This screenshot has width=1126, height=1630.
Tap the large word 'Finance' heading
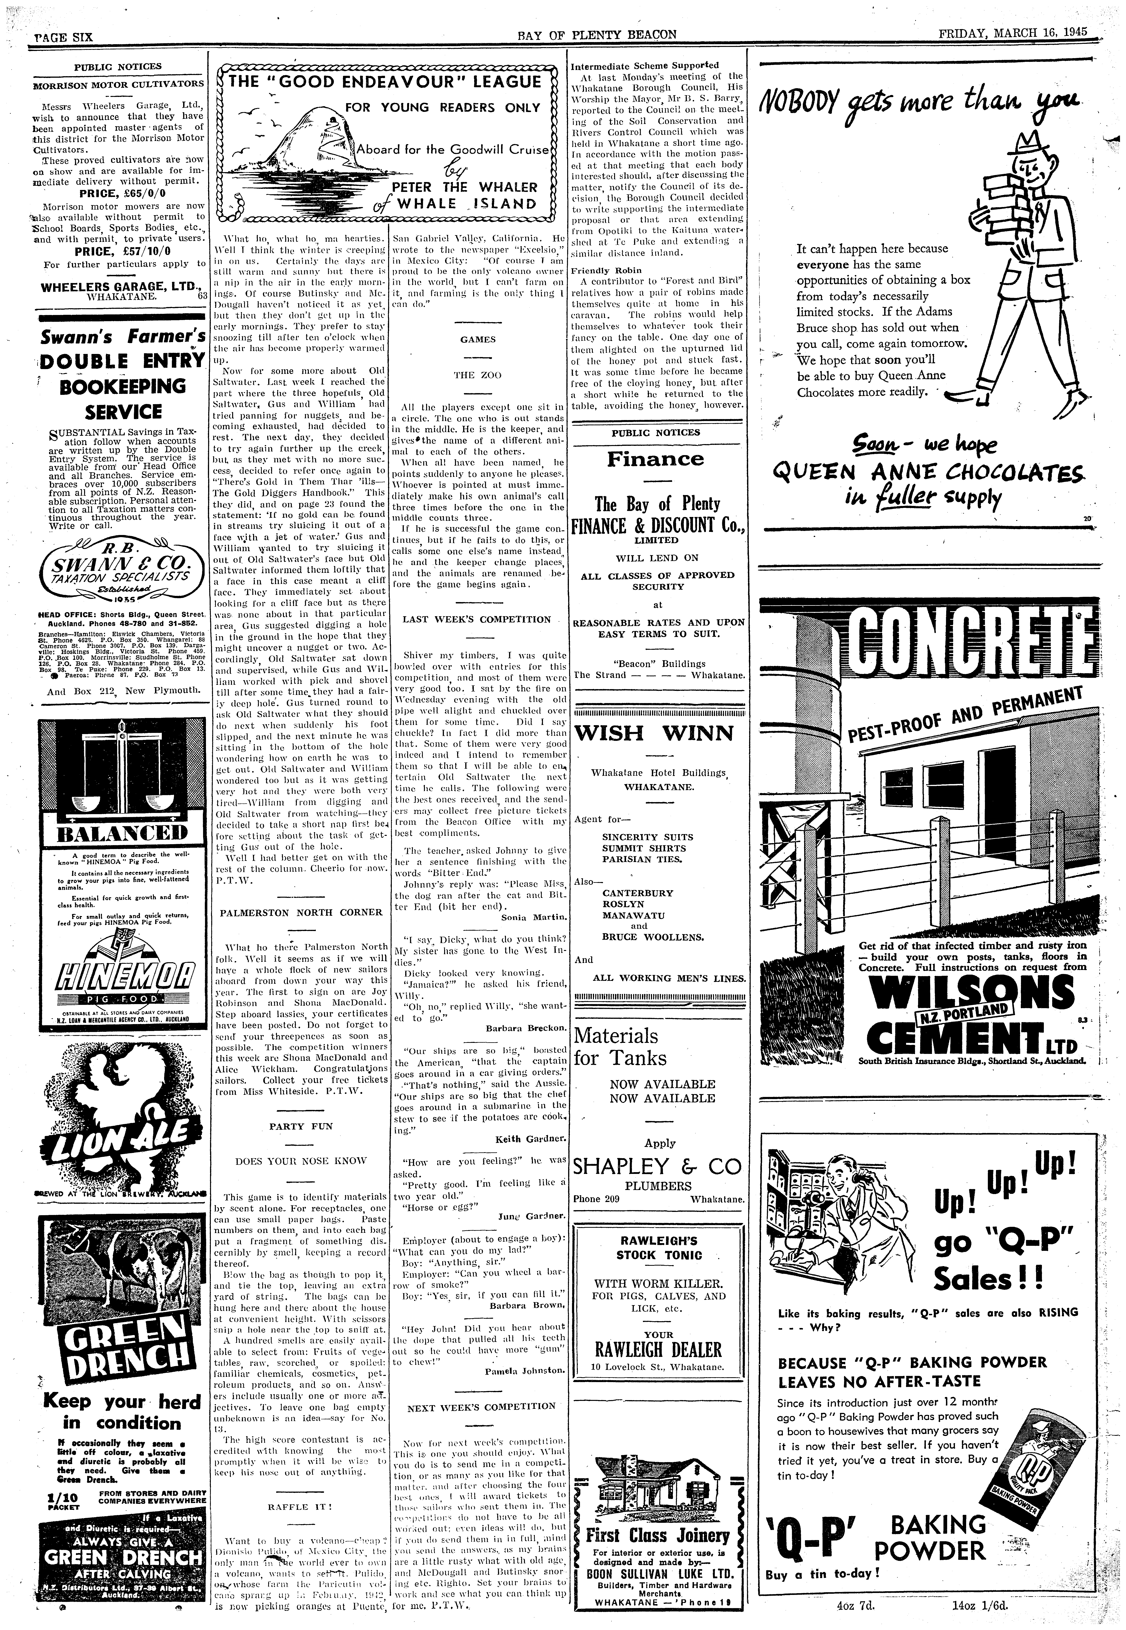[x=655, y=459]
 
